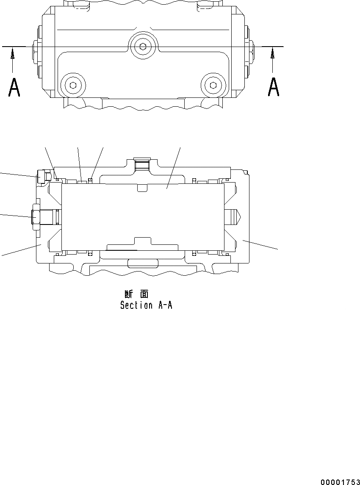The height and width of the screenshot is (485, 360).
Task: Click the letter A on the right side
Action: point(274,87)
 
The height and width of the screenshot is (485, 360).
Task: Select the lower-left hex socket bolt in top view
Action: point(73,85)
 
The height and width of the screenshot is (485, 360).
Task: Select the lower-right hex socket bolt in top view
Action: point(213,85)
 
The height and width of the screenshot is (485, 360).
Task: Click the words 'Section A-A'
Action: point(146,305)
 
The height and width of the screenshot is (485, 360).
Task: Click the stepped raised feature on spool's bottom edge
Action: point(142,244)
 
